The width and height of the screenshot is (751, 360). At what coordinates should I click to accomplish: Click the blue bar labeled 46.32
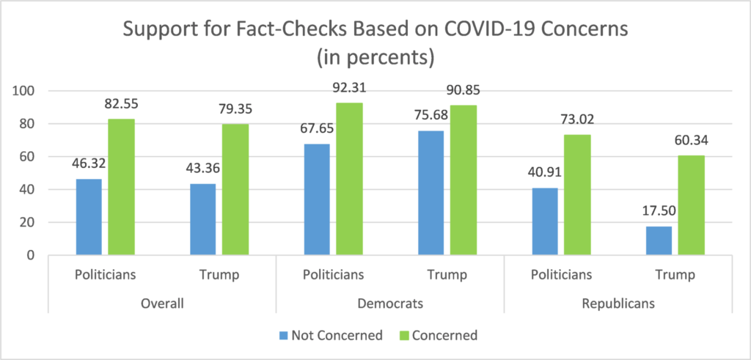(89, 217)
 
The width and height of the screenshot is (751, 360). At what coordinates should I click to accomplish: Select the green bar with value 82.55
(122, 187)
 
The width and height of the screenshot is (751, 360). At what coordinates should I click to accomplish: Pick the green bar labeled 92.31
(349, 179)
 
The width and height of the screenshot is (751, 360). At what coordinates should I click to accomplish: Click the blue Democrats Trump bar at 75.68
(431, 193)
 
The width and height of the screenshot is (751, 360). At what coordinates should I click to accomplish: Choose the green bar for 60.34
(691, 205)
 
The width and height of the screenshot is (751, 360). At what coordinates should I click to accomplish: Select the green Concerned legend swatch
(403, 336)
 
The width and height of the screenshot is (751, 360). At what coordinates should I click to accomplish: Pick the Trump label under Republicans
(674, 275)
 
